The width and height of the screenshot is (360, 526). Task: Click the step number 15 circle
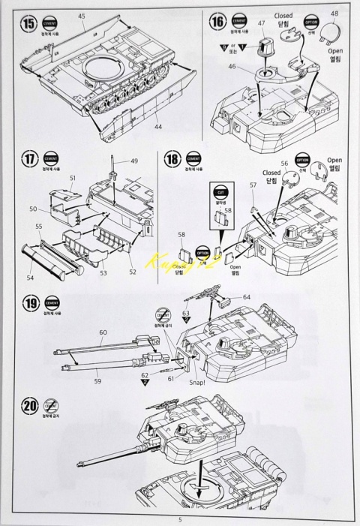[29, 21]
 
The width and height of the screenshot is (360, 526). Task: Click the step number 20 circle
[29, 407]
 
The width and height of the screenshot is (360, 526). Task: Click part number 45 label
[82, 16]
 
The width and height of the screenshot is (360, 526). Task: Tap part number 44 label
[159, 128]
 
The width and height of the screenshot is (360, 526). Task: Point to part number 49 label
[134, 161]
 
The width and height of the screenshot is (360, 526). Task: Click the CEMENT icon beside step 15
[49, 23]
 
